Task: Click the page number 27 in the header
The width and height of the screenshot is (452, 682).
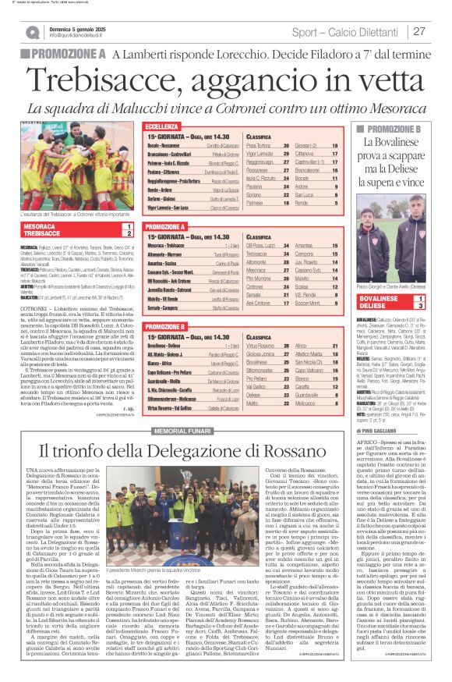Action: pyautogui.click(x=419, y=31)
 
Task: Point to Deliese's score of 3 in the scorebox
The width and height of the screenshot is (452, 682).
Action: pyautogui.click(x=433, y=306)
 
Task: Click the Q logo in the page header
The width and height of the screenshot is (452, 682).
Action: pyautogui.click(x=33, y=32)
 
